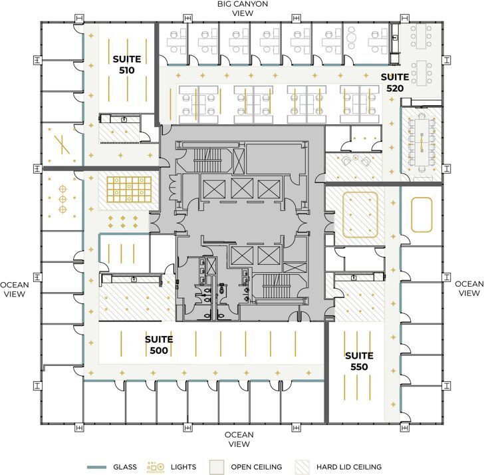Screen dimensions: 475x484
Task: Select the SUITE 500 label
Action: pyautogui.click(x=159, y=345)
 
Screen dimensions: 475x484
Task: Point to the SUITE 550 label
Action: pyautogui.click(x=359, y=361)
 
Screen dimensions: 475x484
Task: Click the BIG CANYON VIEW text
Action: pyautogui.click(x=242, y=9)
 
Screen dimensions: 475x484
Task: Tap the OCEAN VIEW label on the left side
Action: pyautogui.click(x=14, y=289)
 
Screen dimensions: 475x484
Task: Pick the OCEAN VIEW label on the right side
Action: pyautogui.click(x=469, y=289)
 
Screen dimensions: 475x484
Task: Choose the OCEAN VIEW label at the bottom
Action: pyautogui.click(x=239, y=440)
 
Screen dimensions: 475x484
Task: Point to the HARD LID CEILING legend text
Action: pyautogui.click(x=348, y=467)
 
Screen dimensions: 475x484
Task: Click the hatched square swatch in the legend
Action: pyautogui.click(x=302, y=466)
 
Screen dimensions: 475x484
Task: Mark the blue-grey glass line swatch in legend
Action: pyautogui.click(x=97, y=467)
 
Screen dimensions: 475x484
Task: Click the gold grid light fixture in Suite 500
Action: pyautogui.click(x=130, y=189)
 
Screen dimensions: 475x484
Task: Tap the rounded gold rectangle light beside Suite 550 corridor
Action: pyautogui.click(x=422, y=215)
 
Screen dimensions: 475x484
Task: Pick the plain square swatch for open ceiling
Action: pyautogui.click(x=215, y=466)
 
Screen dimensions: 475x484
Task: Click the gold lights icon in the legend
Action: pyautogui.click(x=156, y=466)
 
